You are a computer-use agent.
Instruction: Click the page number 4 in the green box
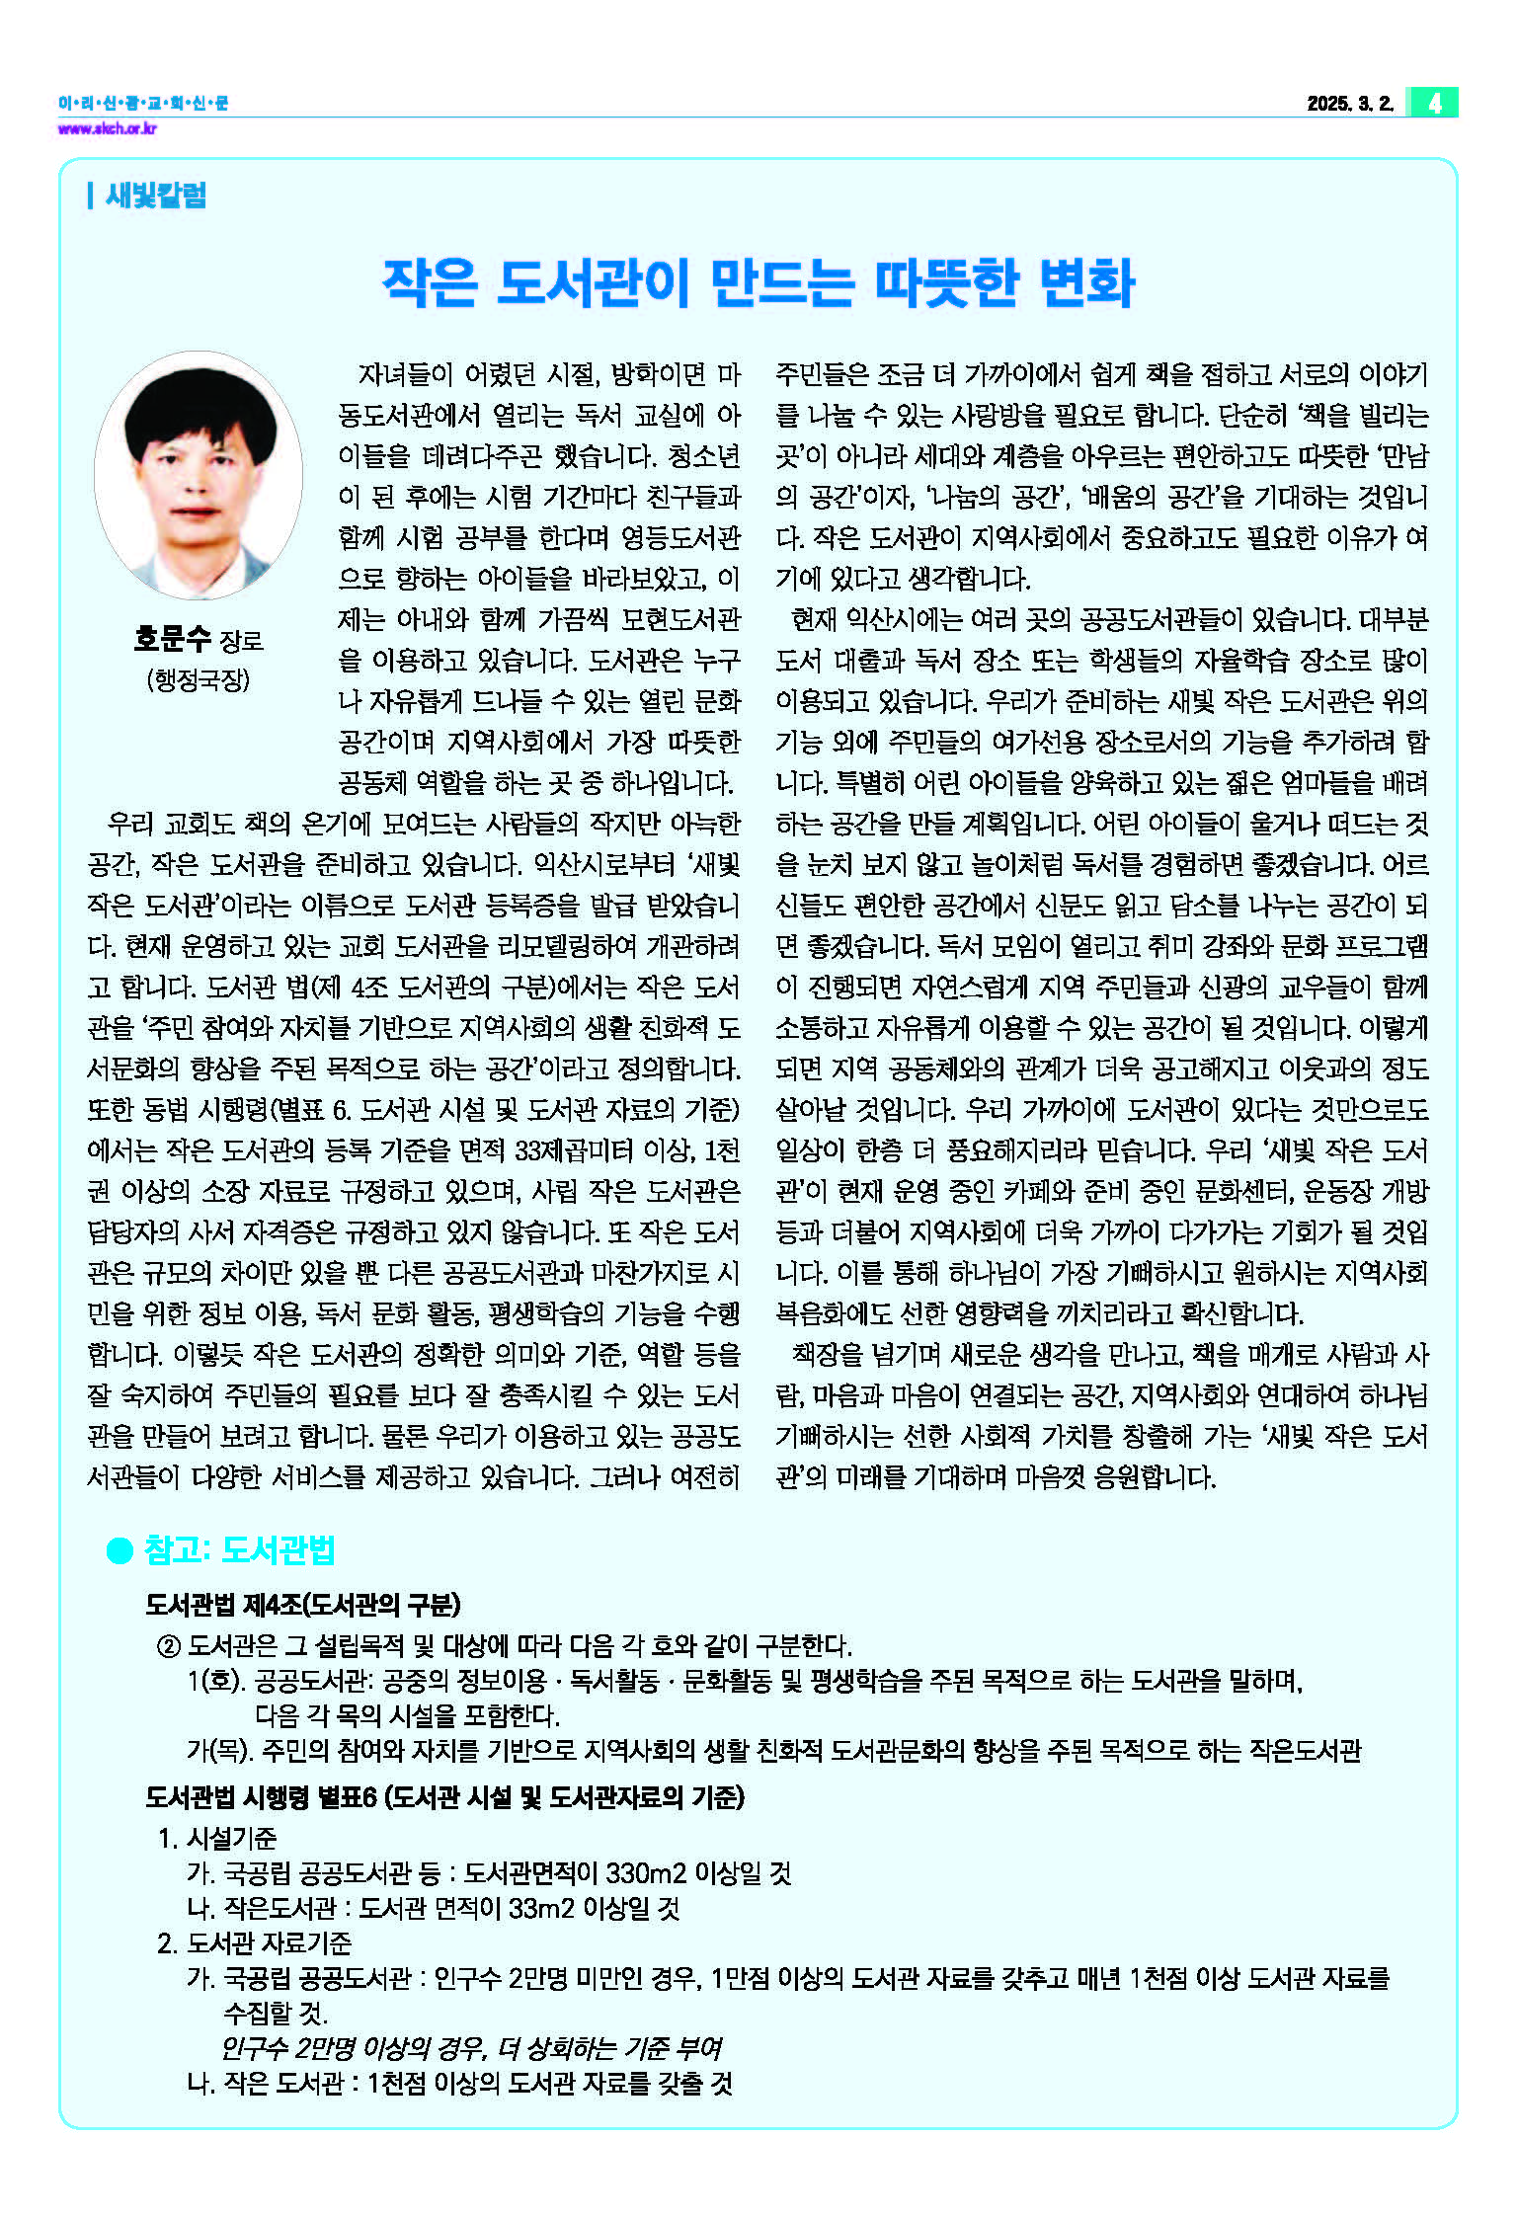(x=1434, y=103)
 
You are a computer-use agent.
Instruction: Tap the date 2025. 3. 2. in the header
(x=1349, y=104)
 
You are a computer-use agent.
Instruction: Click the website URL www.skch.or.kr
(x=107, y=128)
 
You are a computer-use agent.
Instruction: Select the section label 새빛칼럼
(x=155, y=196)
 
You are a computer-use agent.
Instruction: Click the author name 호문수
(x=173, y=640)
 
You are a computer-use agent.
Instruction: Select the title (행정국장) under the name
(x=199, y=680)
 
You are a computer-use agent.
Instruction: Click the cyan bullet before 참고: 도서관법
(x=120, y=1551)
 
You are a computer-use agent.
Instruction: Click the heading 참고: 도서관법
(x=240, y=1550)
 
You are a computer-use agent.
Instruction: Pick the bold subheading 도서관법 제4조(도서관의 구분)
(x=302, y=1605)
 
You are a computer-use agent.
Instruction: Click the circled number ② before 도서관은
(x=168, y=1646)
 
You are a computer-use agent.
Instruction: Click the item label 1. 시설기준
(x=217, y=1838)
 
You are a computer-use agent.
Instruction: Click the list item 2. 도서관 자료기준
(x=254, y=1942)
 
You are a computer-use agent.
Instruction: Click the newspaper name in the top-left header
(x=143, y=103)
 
